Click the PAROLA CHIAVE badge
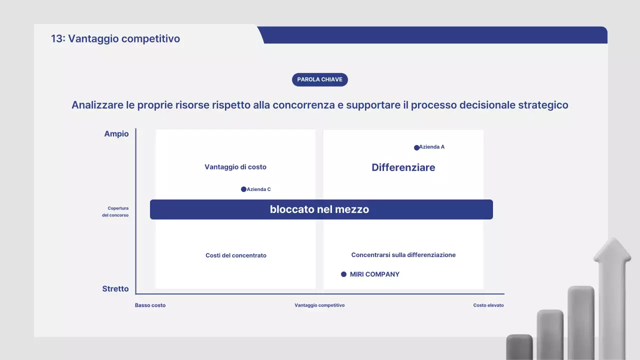(x=319, y=79)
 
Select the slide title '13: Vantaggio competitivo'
(x=115, y=38)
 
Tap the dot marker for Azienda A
(x=416, y=147)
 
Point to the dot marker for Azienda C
(x=243, y=189)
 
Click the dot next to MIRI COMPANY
(x=343, y=274)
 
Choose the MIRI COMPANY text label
(x=374, y=274)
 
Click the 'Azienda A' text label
(x=432, y=147)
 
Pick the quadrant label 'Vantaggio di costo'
(x=235, y=167)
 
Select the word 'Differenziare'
(x=403, y=167)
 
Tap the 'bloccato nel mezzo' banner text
(x=319, y=209)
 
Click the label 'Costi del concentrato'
(x=236, y=255)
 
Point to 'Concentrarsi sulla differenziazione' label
(x=403, y=255)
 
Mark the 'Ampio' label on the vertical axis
(x=116, y=134)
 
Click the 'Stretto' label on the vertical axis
(x=115, y=289)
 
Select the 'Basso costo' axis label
(x=150, y=305)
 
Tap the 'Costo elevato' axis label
(x=488, y=305)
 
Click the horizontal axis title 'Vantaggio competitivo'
(x=319, y=305)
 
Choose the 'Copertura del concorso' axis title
(x=118, y=211)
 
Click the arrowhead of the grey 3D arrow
(x=612, y=250)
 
